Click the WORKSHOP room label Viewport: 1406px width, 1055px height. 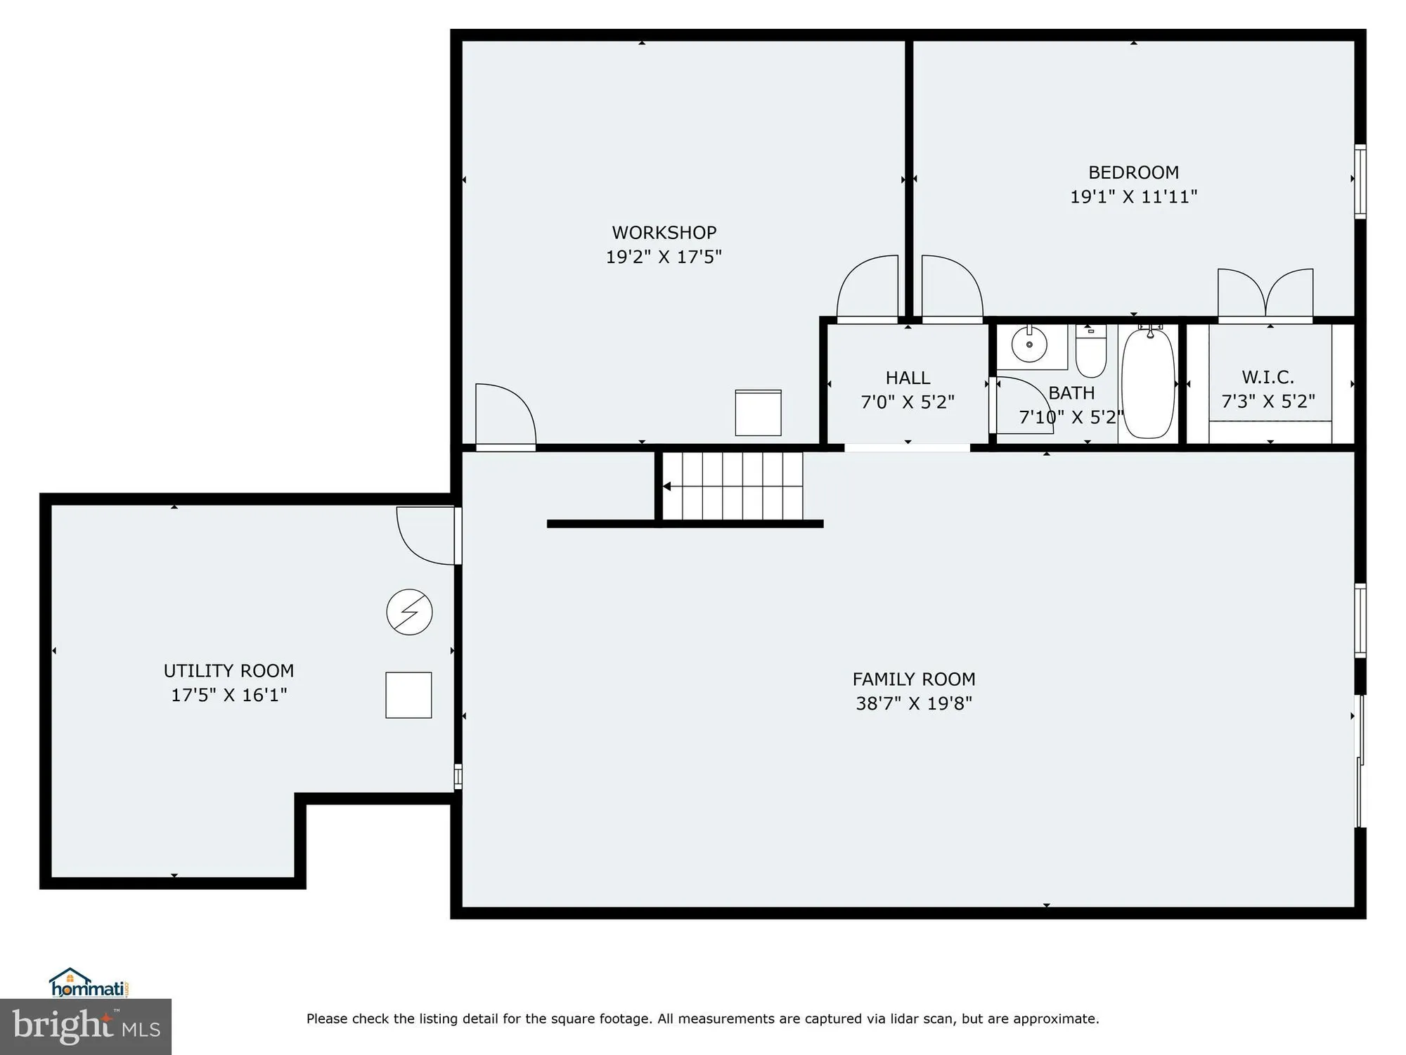664,232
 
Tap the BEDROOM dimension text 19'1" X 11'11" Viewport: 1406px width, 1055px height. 1133,197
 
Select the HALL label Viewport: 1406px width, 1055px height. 908,378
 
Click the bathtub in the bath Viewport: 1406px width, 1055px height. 1147,383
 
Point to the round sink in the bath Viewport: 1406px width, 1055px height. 1029,345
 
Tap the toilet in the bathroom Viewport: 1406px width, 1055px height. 1090,352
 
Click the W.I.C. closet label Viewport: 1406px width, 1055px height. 1268,377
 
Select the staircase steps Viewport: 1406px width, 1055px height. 733,485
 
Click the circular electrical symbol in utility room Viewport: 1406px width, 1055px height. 409,612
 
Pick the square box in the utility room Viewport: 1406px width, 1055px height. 408,695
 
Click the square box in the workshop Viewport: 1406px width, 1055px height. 758,413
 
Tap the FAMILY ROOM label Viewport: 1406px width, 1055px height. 913,679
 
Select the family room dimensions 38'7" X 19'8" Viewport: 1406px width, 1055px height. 913,703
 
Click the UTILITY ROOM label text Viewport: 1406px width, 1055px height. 228,670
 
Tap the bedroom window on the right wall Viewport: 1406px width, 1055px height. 1360,181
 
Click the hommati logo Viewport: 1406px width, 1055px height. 88,983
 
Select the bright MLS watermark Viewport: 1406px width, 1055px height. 85,1026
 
